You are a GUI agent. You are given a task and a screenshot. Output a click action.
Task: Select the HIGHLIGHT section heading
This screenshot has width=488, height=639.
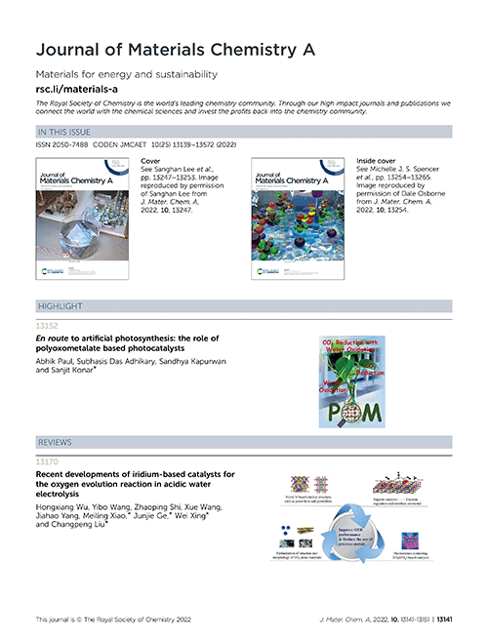59,307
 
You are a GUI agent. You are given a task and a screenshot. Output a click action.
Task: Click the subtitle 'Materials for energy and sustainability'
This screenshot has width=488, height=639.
126,75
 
